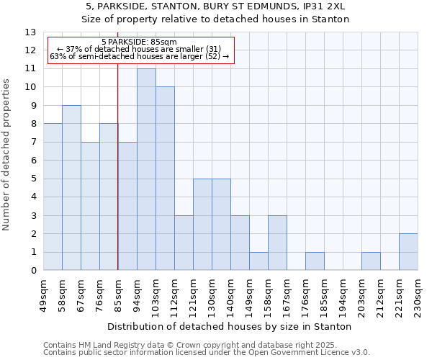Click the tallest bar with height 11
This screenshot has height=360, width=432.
click(x=146, y=169)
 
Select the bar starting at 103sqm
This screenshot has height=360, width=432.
click(x=165, y=179)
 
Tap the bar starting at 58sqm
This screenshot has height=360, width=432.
click(x=71, y=188)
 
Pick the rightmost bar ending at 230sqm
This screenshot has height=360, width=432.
click(x=408, y=252)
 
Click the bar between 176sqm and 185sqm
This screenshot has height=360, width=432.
click(x=315, y=261)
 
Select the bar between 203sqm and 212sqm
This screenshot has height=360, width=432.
click(x=371, y=261)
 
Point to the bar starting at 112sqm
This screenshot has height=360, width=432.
click(x=184, y=243)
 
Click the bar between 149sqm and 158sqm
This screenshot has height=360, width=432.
click(x=258, y=261)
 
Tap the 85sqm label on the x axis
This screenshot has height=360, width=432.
click(x=118, y=294)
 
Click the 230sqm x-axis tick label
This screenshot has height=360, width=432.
click(x=418, y=294)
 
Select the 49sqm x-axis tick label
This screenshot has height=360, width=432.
click(x=43, y=294)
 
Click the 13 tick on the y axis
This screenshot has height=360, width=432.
click(x=30, y=32)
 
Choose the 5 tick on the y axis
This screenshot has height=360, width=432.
click(x=33, y=179)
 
